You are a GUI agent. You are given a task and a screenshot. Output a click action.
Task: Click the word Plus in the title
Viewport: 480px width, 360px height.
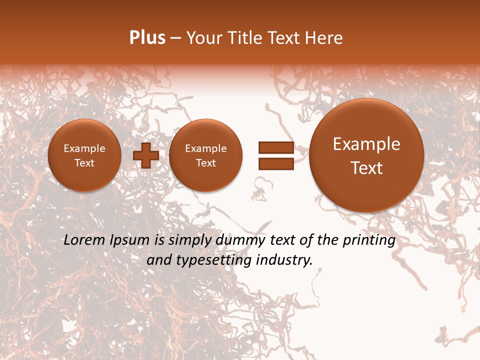click(147, 38)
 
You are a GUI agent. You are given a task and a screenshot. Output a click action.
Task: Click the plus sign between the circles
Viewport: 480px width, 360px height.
click(146, 155)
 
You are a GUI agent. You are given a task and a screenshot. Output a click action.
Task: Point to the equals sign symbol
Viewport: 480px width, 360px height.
click(275, 155)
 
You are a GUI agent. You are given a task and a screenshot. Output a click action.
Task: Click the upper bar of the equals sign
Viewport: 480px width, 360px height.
click(275, 147)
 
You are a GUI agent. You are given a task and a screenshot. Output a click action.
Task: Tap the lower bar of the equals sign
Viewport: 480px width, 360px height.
click(275, 163)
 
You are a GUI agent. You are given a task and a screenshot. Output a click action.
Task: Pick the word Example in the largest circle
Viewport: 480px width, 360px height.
click(366, 144)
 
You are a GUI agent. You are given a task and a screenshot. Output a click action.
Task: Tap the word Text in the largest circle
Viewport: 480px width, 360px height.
click(366, 168)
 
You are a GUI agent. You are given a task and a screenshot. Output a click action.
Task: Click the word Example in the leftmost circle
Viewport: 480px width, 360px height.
click(84, 148)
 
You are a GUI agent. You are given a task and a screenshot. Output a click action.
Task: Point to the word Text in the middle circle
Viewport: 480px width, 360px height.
click(205, 163)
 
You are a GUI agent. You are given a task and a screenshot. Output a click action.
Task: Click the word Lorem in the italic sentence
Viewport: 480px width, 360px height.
click(82, 240)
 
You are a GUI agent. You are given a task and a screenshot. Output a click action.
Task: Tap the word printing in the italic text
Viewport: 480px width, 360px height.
click(370, 240)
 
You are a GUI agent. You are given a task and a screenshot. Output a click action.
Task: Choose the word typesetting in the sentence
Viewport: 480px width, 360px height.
click(214, 260)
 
